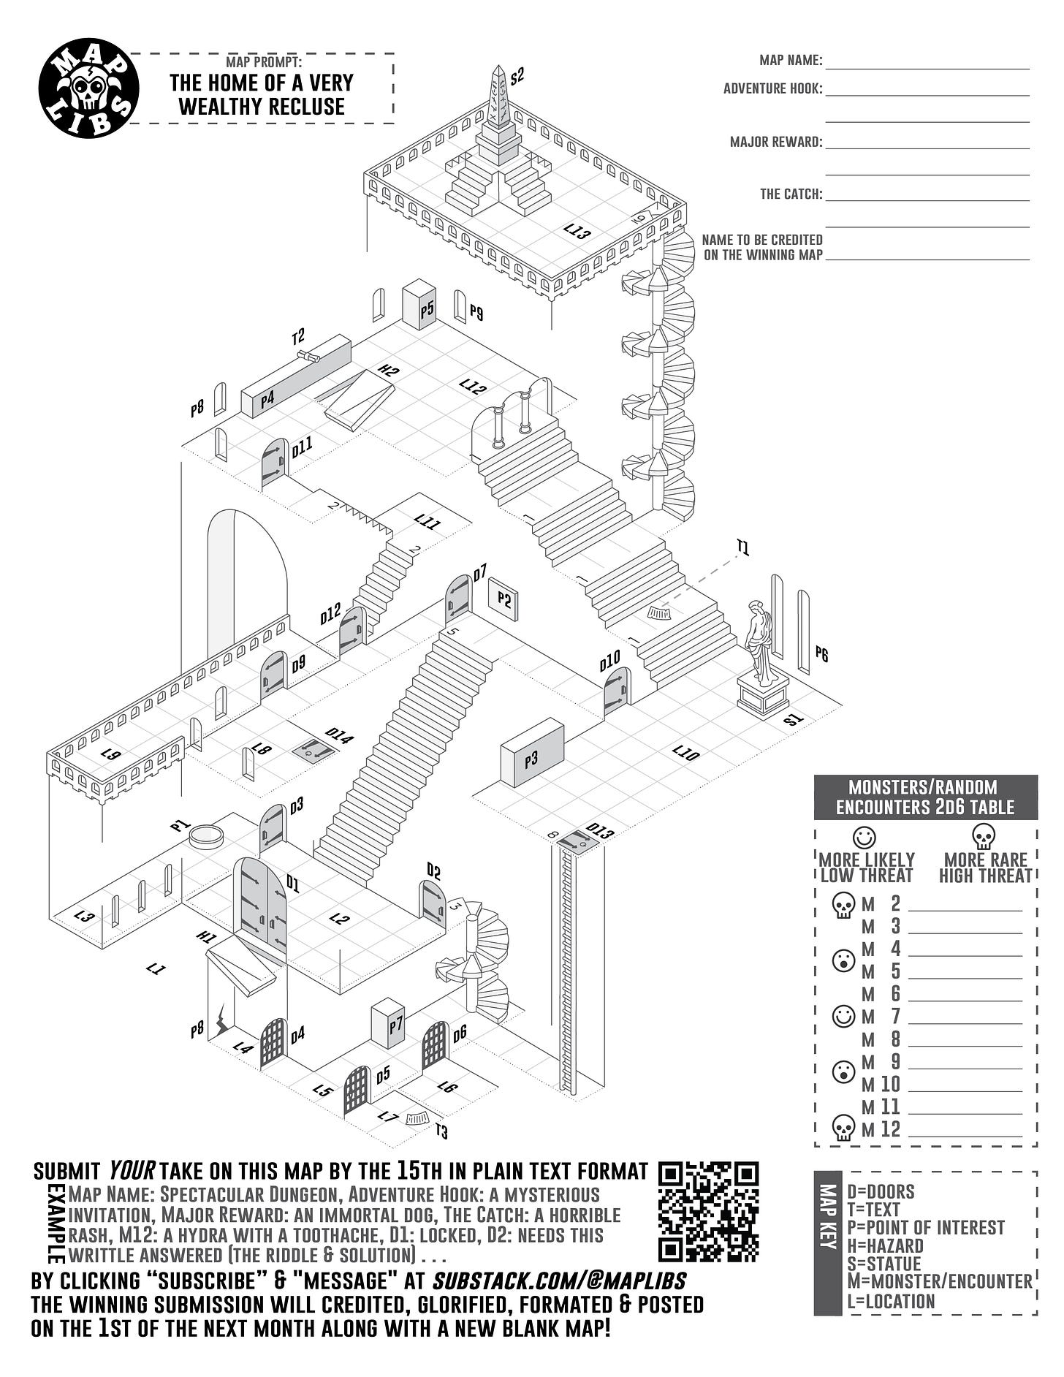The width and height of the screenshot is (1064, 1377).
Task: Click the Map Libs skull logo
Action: tap(88, 88)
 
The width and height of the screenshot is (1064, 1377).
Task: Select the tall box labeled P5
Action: tap(419, 305)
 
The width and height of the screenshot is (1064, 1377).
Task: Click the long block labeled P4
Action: tap(295, 377)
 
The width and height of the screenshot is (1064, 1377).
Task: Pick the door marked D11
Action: tap(273, 464)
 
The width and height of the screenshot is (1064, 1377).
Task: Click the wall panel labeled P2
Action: tap(503, 599)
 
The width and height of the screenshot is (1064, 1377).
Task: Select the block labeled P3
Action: tap(532, 754)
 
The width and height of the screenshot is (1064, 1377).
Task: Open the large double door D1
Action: tap(259, 904)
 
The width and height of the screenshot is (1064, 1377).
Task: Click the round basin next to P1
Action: tap(206, 835)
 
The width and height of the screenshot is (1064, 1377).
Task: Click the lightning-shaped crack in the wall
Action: tap(221, 1021)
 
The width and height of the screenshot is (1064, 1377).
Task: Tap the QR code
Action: tap(708, 1212)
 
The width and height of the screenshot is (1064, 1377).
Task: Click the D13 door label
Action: tap(600, 831)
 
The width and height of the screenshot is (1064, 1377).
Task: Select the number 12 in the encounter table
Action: tap(890, 1129)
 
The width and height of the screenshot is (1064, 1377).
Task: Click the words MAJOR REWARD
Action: tap(775, 142)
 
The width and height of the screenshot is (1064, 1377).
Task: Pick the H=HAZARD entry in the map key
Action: tap(885, 1245)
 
